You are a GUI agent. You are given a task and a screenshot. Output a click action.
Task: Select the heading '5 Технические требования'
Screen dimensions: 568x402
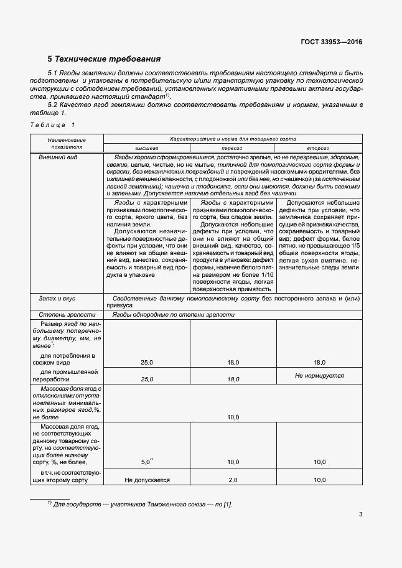pyautogui.click(x=104, y=59)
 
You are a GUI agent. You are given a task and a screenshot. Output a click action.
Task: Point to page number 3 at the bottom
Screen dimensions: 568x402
pyautogui.click(x=360, y=514)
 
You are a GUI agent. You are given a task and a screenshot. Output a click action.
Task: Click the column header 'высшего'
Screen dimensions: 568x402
pyautogui.click(x=147, y=149)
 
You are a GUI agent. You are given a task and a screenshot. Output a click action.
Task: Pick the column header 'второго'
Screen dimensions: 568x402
pyautogui.click(x=319, y=149)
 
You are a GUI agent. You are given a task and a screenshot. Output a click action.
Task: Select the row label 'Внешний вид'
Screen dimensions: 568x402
pyautogui.click(x=58, y=158)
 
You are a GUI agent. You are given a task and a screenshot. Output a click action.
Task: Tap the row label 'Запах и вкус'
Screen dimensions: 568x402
pyautogui.click(x=58, y=299)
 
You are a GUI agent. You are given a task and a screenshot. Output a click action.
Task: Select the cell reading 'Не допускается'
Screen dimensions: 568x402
pyautogui.click(x=147, y=480)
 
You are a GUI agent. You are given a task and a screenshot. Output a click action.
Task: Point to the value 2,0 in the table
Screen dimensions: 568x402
pyautogui.click(x=233, y=480)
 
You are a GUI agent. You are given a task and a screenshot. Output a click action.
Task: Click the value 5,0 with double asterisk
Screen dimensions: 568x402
pyautogui.click(x=147, y=462)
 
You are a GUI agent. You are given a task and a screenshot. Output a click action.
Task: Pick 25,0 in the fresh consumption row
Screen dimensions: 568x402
pyautogui.click(x=147, y=361)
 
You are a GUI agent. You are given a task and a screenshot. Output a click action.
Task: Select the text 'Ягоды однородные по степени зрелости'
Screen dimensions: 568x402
pyautogui.click(x=174, y=315)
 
